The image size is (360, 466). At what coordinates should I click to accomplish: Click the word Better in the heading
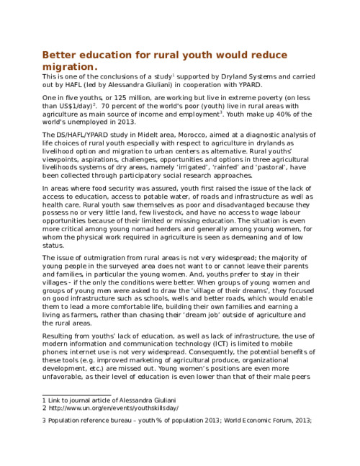pyautogui.click(x=60, y=56)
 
